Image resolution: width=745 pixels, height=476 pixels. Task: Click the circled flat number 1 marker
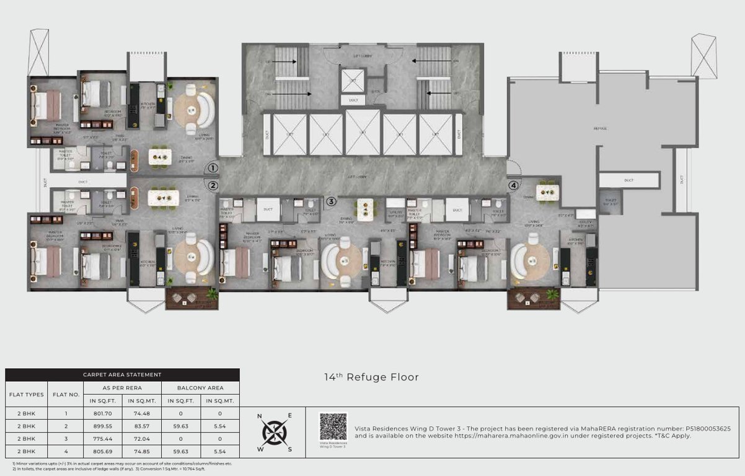point(212,167)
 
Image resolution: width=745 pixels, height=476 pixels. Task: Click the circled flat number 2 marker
point(212,185)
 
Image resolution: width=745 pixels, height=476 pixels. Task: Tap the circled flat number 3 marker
point(332,201)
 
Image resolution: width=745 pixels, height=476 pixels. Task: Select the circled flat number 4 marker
point(513,185)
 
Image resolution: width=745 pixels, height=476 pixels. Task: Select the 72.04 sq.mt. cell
point(146,438)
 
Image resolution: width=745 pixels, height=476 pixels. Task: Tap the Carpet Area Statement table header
point(122,374)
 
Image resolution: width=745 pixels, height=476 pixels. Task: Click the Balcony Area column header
point(200,388)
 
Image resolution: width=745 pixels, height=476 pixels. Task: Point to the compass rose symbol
point(273,431)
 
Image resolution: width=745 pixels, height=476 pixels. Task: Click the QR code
point(333,426)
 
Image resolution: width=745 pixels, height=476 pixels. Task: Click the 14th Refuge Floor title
point(371,377)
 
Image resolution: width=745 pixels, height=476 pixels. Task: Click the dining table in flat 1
point(163,157)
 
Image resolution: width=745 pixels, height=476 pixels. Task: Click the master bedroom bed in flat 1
point(46,105)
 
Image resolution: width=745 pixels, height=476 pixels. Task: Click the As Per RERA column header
point(123,388)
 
